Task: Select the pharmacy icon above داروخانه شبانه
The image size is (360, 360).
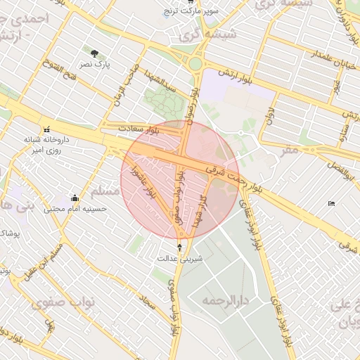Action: pyautogui.click(x=47, y=129)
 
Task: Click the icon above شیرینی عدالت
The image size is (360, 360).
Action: pyautogui.click(x=180, y=247)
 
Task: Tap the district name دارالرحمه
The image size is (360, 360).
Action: pyautogui.click(x=226, y=300)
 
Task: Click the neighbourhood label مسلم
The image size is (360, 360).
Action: pyautogui.click(x=103, y=191)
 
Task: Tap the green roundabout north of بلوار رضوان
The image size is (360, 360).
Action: pyautogui.click(x=195, y=65)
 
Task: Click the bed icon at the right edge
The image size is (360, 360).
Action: pyautogui.click(x=331, y=204)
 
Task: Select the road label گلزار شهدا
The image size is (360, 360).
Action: pyautogui.click(x=205, y=209)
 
